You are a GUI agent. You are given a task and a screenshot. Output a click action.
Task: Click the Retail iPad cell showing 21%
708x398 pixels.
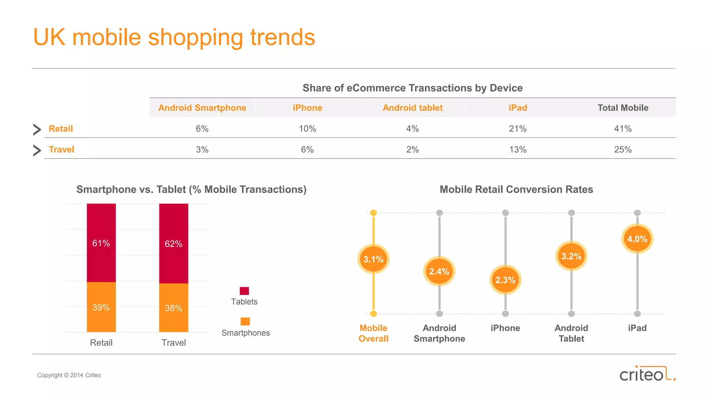(518, 129)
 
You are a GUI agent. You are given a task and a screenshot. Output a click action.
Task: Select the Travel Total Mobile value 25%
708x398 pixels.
(623, 150)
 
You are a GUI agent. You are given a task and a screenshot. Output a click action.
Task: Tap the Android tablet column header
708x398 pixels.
(412, 108)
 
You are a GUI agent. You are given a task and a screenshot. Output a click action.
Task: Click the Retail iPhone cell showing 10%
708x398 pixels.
(307, 129)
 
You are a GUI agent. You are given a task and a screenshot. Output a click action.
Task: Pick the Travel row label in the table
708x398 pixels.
(62, 150)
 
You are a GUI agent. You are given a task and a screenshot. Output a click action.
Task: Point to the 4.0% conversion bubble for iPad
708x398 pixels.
(637, 239)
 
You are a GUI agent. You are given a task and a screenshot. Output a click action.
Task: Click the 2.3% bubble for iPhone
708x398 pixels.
(505, 280)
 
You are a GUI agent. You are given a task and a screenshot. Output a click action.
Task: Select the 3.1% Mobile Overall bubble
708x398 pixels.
(373, 259)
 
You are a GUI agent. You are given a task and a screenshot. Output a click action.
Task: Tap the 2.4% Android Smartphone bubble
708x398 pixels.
(439, 272)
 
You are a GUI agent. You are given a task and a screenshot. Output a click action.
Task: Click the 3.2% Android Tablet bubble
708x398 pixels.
(571, 256)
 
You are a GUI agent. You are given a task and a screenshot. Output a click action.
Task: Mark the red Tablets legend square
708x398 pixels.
(244, 291)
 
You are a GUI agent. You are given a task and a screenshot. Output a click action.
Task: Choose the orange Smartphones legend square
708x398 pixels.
(245, 321)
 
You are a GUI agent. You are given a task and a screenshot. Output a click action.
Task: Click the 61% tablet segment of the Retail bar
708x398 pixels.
(101, 243)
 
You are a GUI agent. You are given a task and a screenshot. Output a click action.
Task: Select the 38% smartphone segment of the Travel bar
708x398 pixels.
(174, 308)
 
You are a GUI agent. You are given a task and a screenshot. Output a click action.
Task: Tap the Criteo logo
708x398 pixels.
(647, 374)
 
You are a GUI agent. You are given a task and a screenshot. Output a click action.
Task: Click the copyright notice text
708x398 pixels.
(69, 375)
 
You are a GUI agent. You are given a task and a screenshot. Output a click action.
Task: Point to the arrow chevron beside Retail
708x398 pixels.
(37, 130)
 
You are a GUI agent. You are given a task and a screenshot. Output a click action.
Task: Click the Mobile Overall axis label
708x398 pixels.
(373, 333)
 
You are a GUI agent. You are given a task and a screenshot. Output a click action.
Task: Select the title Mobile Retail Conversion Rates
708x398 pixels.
(516, 189)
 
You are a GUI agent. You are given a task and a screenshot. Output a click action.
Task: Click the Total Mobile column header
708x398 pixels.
(623, 108)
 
